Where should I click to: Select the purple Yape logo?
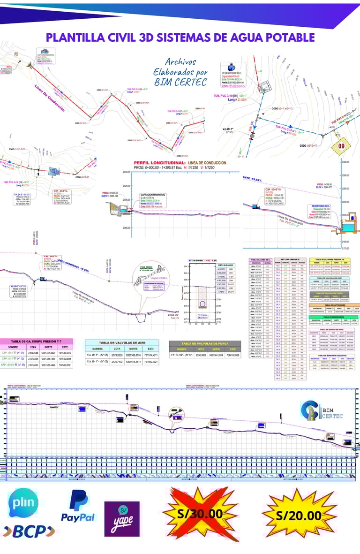point(121,519)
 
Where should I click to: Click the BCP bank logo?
point(29,531)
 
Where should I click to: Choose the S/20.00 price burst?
point(299,515)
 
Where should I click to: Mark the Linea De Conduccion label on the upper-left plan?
point(50,99)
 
